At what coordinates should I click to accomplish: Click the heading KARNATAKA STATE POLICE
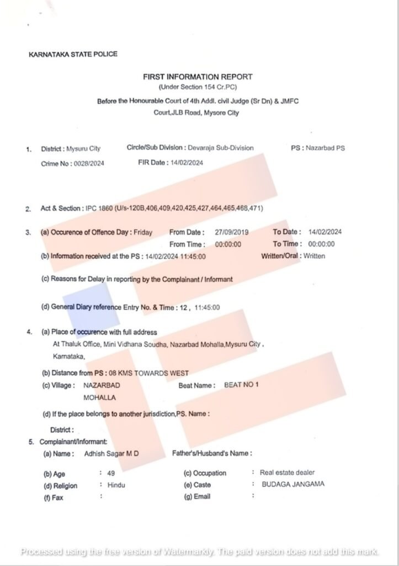(x=73, y=54)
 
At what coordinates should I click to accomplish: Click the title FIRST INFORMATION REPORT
(x=198, y=77)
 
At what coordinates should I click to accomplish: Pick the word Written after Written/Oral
(x=314, y=256)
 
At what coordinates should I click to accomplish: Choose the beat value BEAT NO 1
(x=241, y=385)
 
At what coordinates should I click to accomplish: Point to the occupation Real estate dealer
(x=287, y=473)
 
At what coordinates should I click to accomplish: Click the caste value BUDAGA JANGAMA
(x=292, y=484)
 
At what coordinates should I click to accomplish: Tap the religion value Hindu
(x=116, y=485)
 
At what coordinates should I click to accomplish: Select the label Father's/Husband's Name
(x=212, y=454)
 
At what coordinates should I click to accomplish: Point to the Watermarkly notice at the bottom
(x=200, y=552)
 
